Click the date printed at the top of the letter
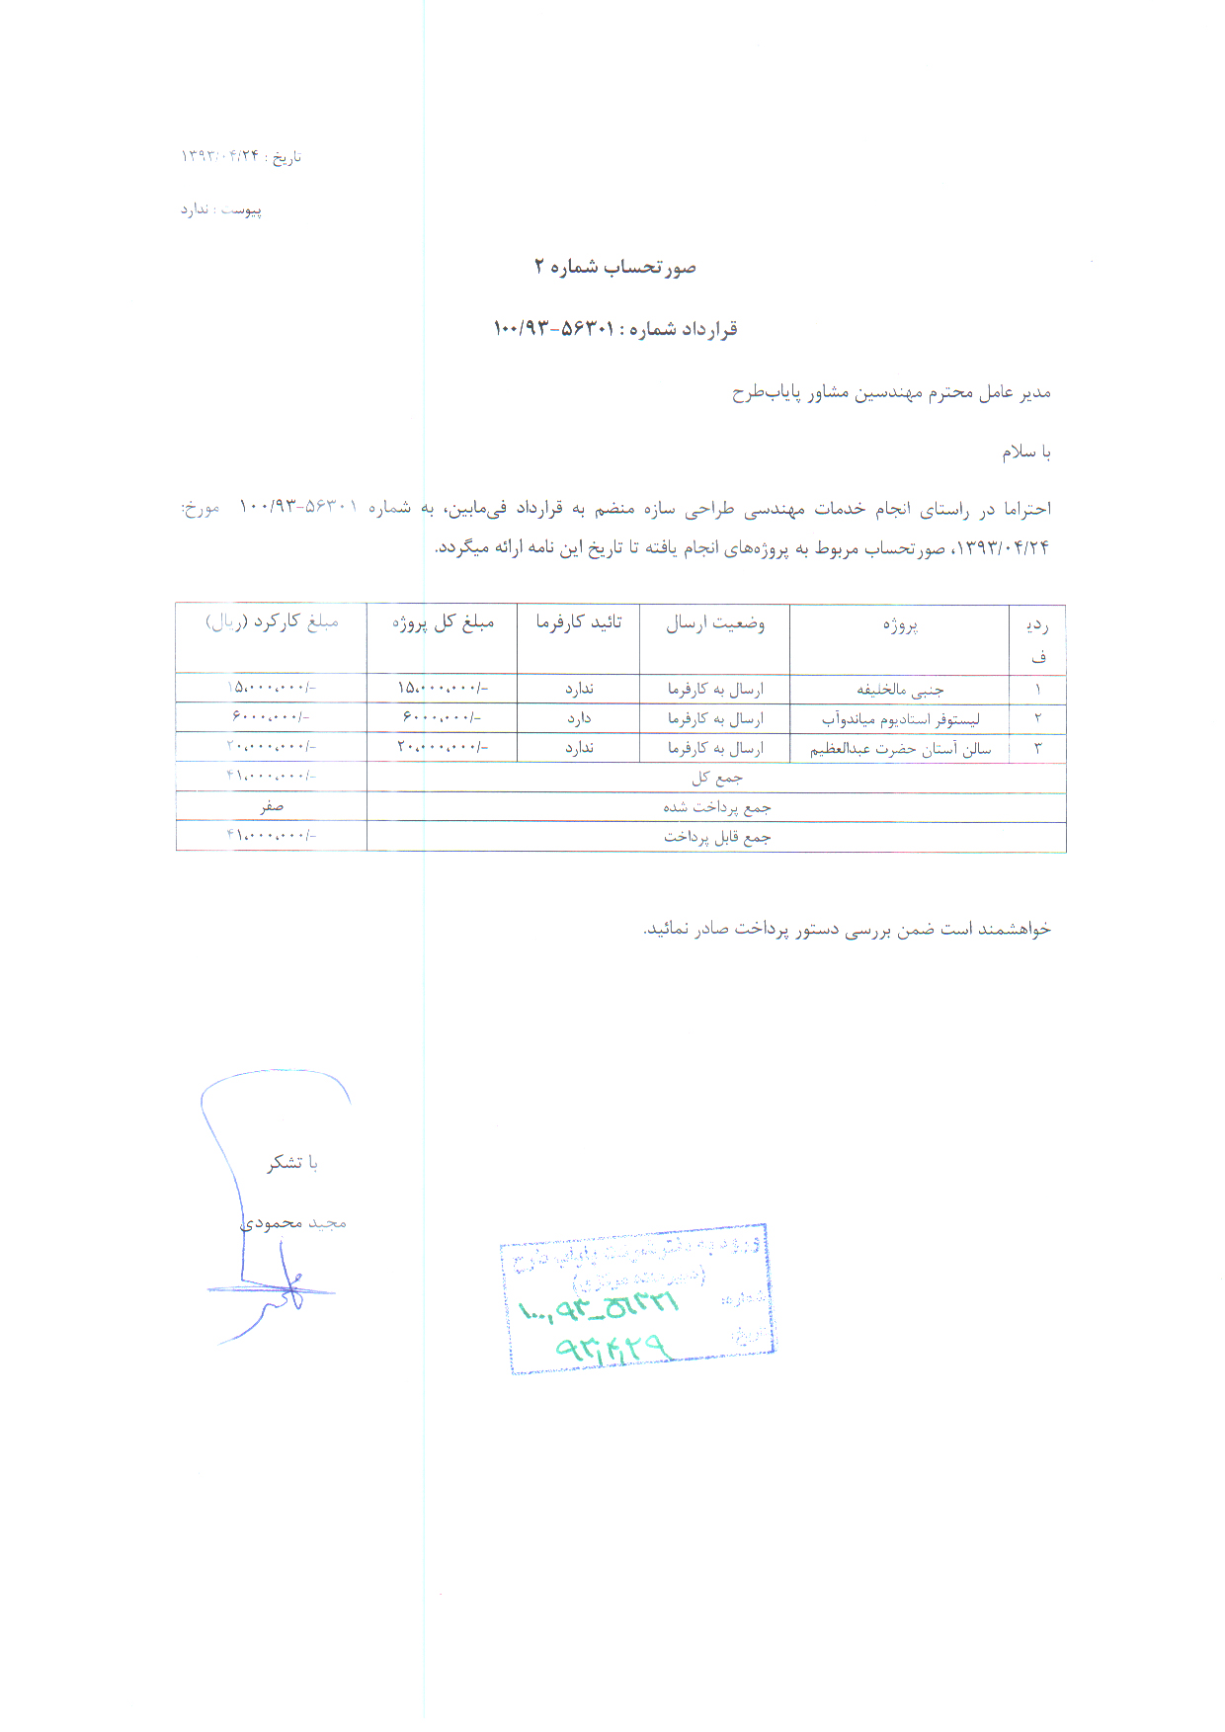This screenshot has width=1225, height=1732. (x=240, y=157)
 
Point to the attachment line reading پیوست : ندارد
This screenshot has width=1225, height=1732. (x=220, y=209)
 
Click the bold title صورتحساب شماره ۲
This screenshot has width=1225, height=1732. (x=614, y=268)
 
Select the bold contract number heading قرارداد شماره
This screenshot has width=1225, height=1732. (x=614, y=329)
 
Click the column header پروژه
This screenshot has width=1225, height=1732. (x=900, y=625)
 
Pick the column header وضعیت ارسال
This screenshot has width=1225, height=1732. (x=714, y=623)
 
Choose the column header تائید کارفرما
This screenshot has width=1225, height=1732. (x=579, y=622)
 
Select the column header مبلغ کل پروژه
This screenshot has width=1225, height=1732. (x=443, y=623)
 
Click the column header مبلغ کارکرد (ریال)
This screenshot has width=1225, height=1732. (x=272, y=622)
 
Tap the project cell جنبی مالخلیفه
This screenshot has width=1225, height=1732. (x=899, y=690)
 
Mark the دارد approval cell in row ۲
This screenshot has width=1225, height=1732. (x=579, y=718)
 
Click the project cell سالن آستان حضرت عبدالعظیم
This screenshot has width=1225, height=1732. (x=900, y=749)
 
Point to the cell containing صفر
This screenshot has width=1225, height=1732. (x=272, y=807)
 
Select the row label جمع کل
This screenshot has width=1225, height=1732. (x=716, y=779)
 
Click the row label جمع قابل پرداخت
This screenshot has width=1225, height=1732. (x=716, y=838)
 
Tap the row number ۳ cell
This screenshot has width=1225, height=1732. (x=1037, y=749)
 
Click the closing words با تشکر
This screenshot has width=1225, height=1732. (x=292, y=1163)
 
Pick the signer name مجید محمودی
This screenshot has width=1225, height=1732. (x=293, y=1223)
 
